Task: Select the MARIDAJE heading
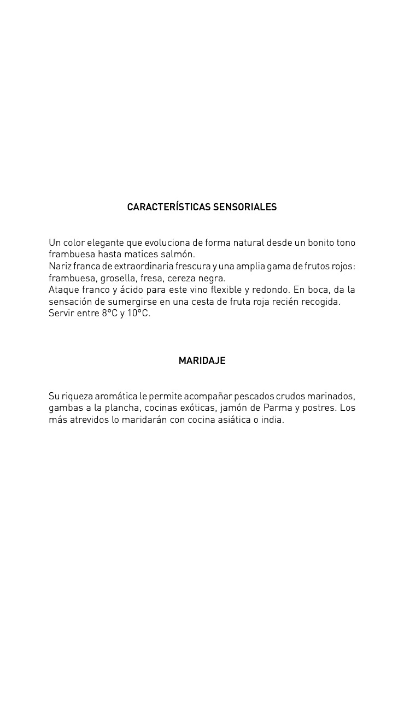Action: point(202,361)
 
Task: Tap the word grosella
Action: point(116,278)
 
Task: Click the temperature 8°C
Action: point(109,314)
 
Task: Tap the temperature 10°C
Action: point(139,314)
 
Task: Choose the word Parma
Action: point(277,408)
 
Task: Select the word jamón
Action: point(233,408)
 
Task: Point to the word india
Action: point(272,420)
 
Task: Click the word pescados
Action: point(254,396)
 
